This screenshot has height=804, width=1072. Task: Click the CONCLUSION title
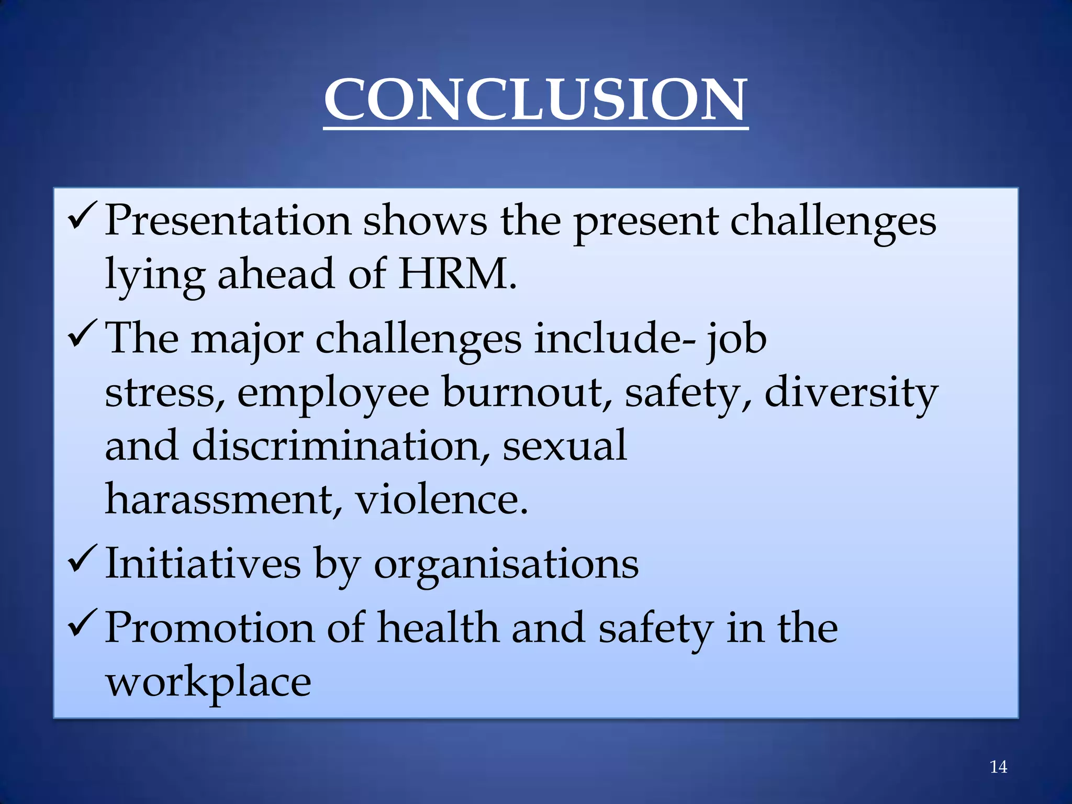click(x=535, y=99)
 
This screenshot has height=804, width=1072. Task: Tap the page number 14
click(x=998, y=767)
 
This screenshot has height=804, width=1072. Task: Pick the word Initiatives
click(x=203, y=564)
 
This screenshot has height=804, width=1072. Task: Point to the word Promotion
click(x=209, y=628)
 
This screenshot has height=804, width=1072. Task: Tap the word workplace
click(x=208, y=683)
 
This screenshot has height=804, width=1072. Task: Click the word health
click(x=438, y=628)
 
